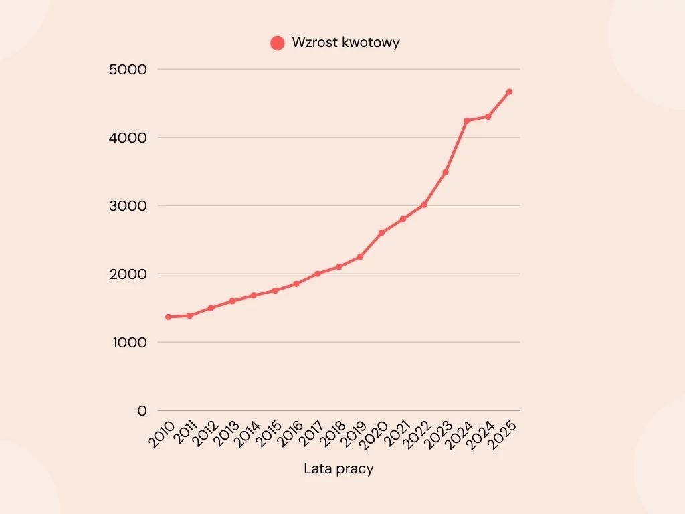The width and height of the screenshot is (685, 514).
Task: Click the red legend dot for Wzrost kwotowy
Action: pos(278,43)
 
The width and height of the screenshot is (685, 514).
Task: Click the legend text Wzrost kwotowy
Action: pos(346,42)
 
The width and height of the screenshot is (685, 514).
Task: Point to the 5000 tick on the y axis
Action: pos(128,69)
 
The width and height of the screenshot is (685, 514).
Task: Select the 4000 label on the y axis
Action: pos(128,138)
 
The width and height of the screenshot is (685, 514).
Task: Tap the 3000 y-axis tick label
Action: pos(128,206)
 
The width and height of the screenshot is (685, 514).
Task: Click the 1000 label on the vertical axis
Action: pos(130,342)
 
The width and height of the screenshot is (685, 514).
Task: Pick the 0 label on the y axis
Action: pos(142,410)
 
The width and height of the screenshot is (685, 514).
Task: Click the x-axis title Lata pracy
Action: pos(338,469)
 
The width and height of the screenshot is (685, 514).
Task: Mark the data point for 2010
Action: pos(168,317)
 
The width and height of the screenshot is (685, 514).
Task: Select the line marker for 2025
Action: pos(509,92)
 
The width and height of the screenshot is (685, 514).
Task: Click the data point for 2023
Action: pos(445,172)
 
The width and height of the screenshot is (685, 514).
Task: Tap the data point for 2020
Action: pos(381,233)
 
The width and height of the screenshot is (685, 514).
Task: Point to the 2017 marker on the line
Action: pos(318,274)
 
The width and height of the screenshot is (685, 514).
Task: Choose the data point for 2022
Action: pos(424,205)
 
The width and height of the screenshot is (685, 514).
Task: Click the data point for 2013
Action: pos(232,301)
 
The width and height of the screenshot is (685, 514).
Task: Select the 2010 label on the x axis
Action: pos(161,434)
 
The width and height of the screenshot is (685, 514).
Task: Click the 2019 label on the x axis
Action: pos(353,434)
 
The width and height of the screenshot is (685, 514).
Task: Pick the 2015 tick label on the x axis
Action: pos(268,434)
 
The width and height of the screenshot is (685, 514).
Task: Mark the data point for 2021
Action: pos(403,219)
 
